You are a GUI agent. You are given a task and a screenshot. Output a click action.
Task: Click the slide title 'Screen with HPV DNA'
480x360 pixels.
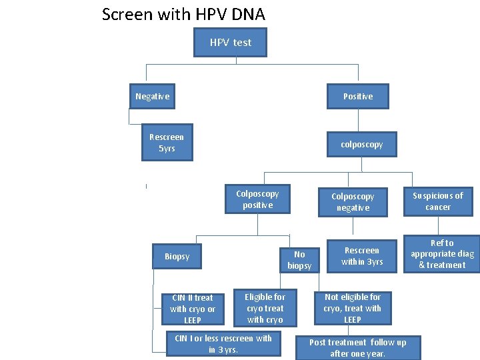tap(183, 14)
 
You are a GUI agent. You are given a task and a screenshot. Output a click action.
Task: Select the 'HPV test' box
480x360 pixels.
tap(230, 43)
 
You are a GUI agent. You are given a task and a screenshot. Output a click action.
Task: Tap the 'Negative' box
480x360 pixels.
tap(153, 97)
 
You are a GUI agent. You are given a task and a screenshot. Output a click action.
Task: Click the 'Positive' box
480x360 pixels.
tap(358, 97)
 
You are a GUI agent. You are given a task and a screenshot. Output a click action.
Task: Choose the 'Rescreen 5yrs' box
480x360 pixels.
tap(167, 143)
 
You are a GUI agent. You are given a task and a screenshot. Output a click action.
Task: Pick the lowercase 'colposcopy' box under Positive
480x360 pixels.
tap(361, 144)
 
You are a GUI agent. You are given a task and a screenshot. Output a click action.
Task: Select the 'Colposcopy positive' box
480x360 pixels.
tap(257, 199)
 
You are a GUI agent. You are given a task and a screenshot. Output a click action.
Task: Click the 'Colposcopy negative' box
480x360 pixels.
tap(353, 202)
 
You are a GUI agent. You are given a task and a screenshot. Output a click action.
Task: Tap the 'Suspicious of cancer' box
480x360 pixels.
tap(438, 201)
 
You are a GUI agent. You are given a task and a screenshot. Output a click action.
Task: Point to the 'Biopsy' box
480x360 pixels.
tap(177, 257)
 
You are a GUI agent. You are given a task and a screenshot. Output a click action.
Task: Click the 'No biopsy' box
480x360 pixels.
tap(299, 259)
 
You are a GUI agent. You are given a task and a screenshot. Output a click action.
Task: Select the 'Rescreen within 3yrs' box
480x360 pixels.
tap(362, 256)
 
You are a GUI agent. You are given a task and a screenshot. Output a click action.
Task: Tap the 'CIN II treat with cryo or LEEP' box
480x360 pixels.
tap(193, 309)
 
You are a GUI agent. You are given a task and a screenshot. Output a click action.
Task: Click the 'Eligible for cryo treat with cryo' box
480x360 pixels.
tap(265, 308)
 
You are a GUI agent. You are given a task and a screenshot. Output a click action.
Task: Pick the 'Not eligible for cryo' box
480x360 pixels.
tap(352, 308)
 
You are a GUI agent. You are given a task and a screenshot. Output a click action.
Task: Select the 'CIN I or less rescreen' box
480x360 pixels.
tap(223, 344)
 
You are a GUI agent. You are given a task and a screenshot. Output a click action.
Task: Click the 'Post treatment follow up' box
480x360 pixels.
tap(357, 347)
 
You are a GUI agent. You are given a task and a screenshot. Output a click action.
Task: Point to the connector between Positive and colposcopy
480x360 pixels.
tap(359, 120)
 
